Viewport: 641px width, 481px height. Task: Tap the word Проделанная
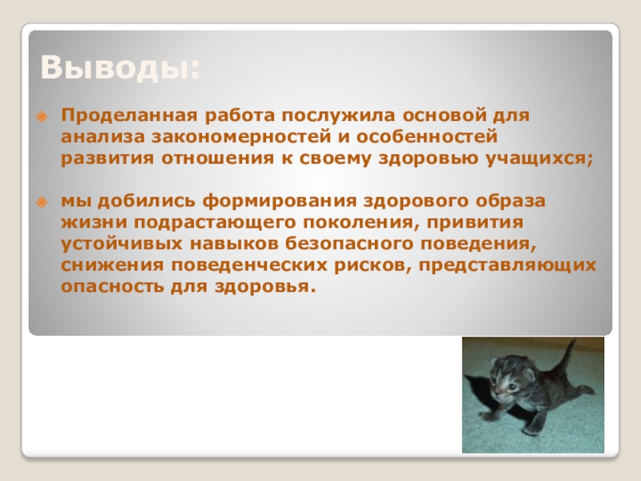(129, 115)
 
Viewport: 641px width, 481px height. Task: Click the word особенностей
(427, 136)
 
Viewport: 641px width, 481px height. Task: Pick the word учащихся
(539, 159)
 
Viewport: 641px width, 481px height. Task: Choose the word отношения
(217, 158)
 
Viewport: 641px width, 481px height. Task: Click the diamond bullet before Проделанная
(42, 117)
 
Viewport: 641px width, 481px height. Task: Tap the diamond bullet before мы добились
(42, 202)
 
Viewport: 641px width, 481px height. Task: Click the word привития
(475, 223)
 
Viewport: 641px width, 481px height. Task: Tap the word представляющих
(507, 265)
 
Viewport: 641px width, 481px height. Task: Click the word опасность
(112, 286)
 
